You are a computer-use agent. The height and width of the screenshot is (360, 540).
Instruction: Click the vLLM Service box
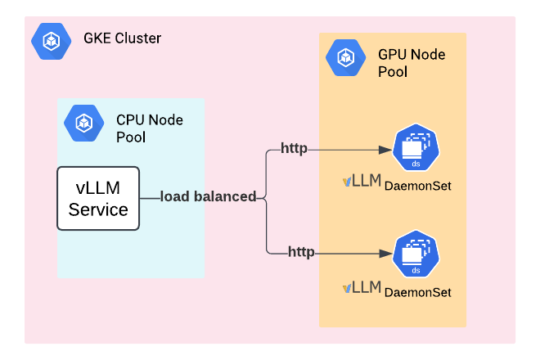pos(98,198)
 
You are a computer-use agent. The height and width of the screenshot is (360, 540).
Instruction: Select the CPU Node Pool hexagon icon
pos(83,123)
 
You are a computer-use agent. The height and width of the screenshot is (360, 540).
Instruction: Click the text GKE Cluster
pos(123,38)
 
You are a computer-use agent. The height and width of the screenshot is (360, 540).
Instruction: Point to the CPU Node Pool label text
pos(150,128)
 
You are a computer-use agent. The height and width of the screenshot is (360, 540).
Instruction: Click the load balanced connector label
pos(208,196)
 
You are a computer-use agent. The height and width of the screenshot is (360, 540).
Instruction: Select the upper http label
pos(294,148)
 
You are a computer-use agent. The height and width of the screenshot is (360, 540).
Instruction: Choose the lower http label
pos(301,251)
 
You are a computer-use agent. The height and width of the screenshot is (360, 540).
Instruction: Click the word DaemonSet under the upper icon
pos(417,187)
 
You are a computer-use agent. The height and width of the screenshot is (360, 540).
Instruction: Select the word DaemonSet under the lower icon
pos(417,291)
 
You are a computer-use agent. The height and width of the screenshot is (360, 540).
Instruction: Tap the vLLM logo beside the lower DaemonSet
pos(362,287)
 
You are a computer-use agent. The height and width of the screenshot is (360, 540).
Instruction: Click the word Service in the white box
pos(98,209)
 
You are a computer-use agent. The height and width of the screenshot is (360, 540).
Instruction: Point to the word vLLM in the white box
pos(98,187)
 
